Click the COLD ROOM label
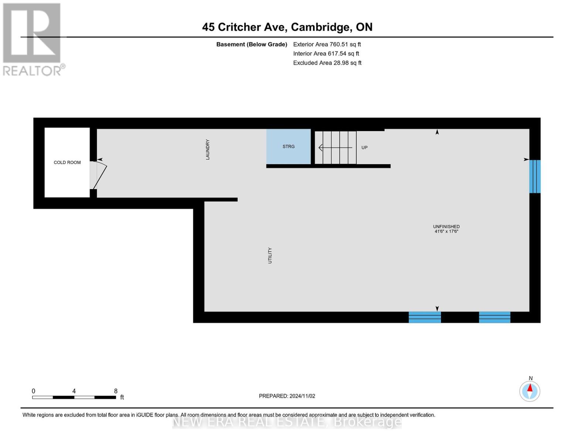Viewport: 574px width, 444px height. (x=67, y=162)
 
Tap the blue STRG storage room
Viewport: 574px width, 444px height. (x=288, y=147)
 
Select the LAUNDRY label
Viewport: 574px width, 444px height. (x=208, y=149)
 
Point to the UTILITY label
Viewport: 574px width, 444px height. (x=270, y=255)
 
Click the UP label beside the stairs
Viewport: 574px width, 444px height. (x=364, y=148)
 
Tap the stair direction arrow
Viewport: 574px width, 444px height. (x=335, y=148)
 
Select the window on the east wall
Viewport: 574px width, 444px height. (x=535, y=176)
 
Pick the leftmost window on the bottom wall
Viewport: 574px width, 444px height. (x=425, y=317)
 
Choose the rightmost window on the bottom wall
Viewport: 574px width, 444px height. (x=495, y=317)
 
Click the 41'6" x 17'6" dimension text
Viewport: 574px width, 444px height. (x=446, y=231)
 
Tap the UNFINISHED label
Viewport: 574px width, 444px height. (x=446, y=227)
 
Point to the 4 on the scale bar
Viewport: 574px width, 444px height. (x=74, y=391)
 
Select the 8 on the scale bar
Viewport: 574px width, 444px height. (x=116, y=391)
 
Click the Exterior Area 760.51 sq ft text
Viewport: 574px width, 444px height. (x=327, y=44)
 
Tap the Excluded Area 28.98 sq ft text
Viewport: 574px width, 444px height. (x=327, y=63)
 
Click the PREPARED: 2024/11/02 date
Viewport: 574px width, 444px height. (x=287, y=396)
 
